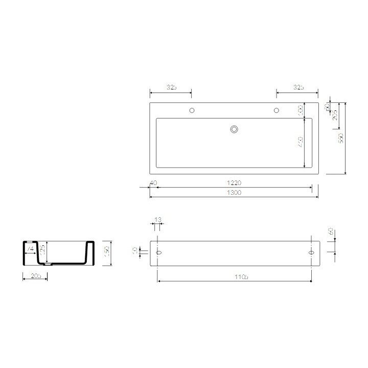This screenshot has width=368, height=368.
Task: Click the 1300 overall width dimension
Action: tap(234, 193)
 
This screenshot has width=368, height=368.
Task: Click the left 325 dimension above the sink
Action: tap(171, 88)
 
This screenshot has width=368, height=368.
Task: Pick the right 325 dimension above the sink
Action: tap(298, 88)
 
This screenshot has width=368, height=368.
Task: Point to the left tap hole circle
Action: tap(192, 110)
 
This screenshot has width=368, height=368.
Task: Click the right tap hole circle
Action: tap(277, 110)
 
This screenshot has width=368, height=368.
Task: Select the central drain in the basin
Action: tap(234, 129)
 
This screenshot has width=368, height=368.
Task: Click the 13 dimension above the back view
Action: tap(157, 219)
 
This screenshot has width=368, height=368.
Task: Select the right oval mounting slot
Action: tap(311, 253)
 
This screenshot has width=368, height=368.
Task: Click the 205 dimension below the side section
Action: tap(35, 277)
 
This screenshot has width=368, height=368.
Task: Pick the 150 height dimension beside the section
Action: tap(107, 252)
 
